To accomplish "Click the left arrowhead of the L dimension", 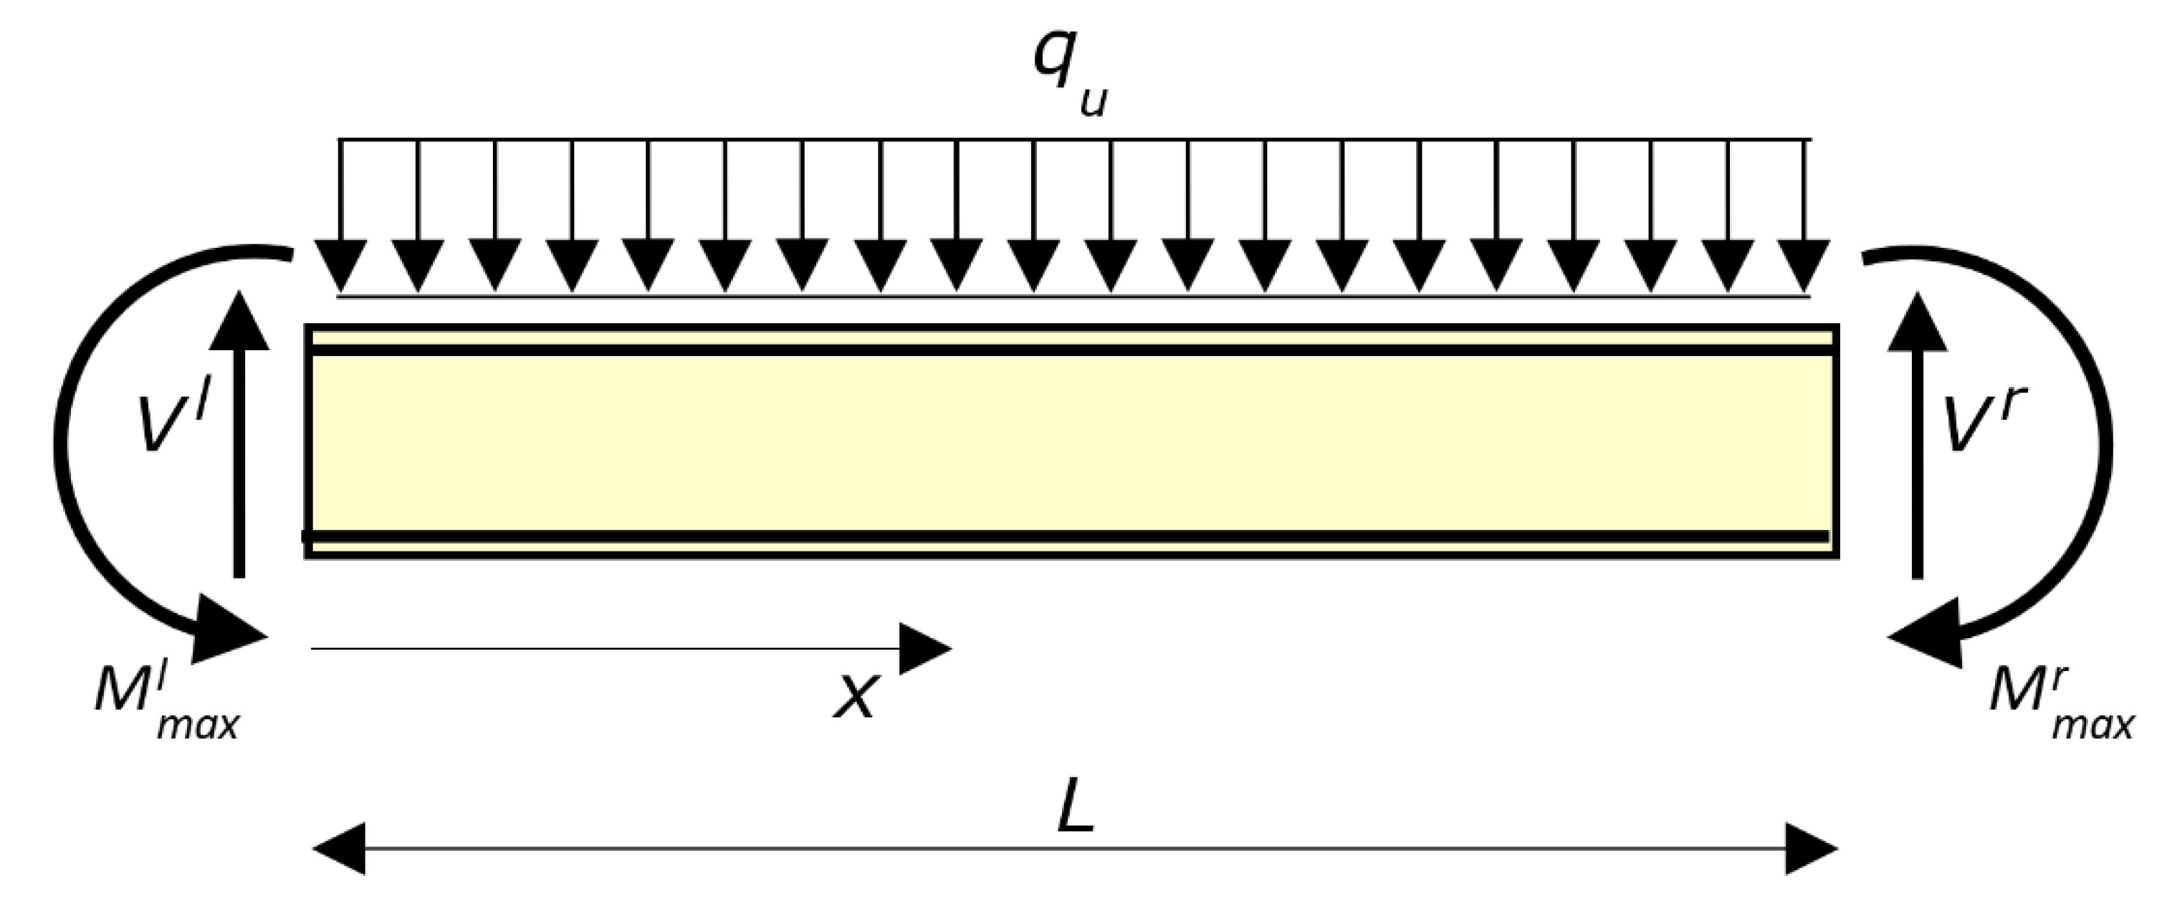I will (x=340, y=849).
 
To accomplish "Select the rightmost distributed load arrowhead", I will (x=1804, y=264).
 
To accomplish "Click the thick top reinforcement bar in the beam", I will (x=1071, y=350).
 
